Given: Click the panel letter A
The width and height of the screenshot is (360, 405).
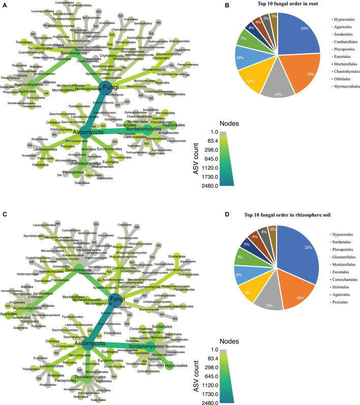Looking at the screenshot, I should (x=4, y=4).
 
